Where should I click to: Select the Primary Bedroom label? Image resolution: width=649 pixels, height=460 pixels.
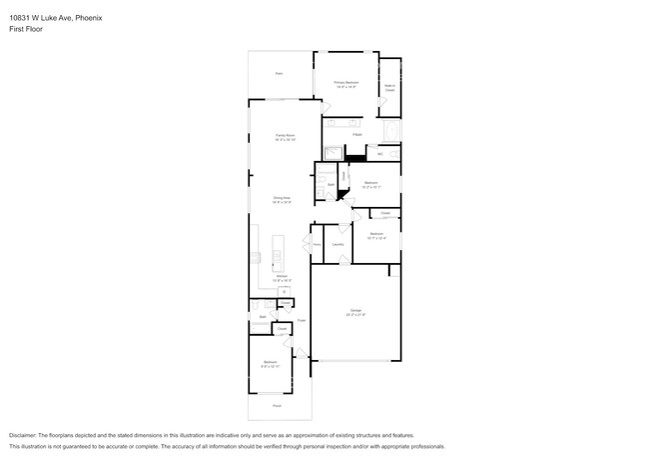(x=346, y=84)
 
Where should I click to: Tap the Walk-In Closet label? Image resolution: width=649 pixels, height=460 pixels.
(x=389, y=87)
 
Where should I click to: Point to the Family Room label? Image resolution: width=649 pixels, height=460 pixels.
(x=286, y=137)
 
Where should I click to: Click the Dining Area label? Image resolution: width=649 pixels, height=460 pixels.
(x=282, y=199)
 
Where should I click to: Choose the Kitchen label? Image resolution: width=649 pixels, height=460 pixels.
(x=282, y=280)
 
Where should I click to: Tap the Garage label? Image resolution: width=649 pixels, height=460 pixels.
(x=355, y=313)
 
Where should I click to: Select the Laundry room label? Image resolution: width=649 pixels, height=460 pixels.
(x=338, y=244)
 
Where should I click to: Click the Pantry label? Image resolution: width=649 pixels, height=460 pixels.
(x=317, y=244)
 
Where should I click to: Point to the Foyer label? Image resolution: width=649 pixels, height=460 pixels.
(x=300, y=321)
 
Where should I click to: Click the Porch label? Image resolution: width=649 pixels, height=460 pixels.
(x=277, y=405)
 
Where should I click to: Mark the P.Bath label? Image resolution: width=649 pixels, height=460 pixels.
(x=355, y=133)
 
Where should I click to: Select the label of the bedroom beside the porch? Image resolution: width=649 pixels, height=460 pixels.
(x=270, y=363)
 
